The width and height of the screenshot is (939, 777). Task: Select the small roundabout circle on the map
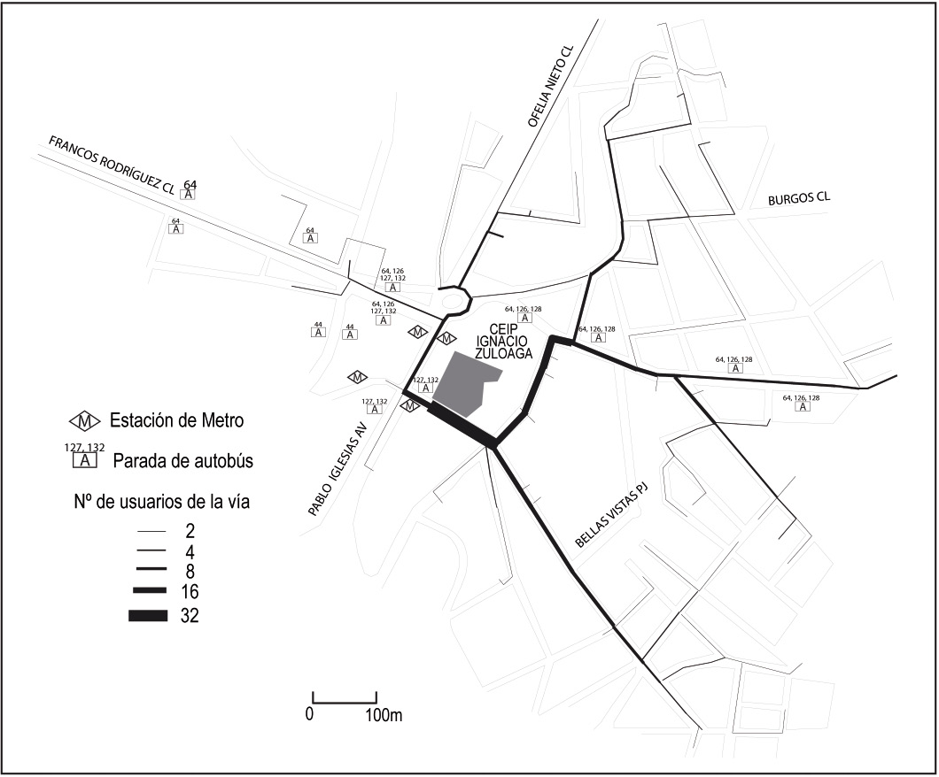pos(457,299)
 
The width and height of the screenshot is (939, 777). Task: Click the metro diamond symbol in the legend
pos(85,419)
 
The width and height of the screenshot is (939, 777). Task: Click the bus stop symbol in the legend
pos(85,460)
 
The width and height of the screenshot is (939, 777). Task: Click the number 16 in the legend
pos(189,592)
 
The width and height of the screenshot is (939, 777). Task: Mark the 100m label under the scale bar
pos(384,715)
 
